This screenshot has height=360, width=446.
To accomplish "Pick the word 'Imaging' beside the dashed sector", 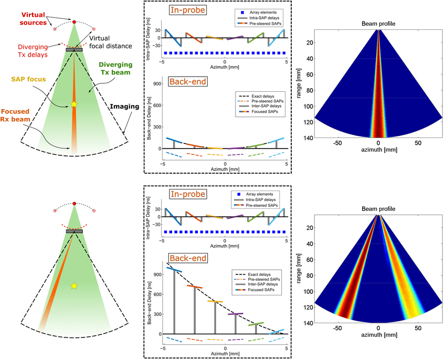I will [124, 107].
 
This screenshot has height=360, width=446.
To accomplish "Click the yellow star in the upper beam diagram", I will [74, 105].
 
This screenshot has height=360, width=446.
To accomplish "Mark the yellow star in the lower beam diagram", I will [74, 285].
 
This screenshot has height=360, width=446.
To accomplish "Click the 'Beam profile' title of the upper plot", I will [378, 24].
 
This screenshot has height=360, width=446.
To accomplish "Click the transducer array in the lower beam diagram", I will [74, 231].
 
